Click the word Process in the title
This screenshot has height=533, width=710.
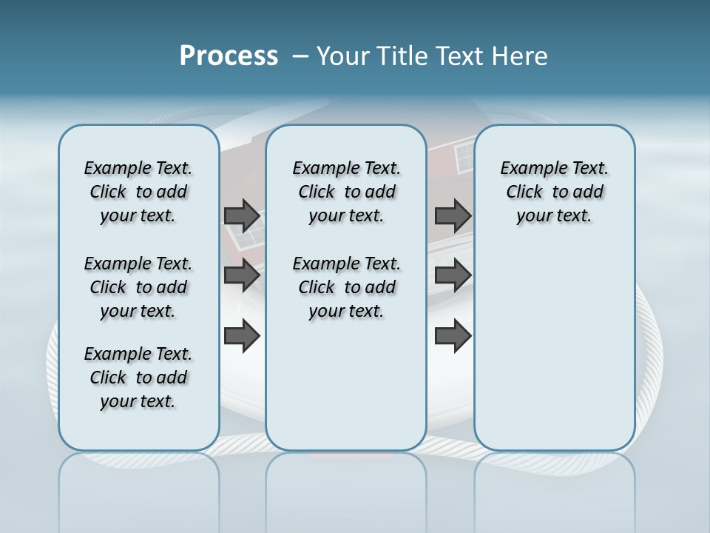(229, 56)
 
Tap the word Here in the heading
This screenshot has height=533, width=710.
(519, 56)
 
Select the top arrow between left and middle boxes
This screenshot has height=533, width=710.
(242, 215)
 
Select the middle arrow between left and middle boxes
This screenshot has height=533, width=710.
(242, 276)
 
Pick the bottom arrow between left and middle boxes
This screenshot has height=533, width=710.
(242, 337)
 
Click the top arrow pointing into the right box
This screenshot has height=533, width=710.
(453, 215)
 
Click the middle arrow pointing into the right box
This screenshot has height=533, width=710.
(453, 276)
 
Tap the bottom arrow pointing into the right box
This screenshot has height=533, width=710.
(453, 337)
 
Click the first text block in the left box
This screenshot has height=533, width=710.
(138, 192)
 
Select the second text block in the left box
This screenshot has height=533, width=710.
(138, 287)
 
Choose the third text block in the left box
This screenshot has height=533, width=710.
(138, 378)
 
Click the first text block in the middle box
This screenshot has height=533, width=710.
(347, 192)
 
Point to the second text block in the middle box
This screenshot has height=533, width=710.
(347, 287)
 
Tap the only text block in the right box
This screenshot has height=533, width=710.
(555, 192)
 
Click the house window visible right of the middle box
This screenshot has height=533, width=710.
(464, 157)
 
